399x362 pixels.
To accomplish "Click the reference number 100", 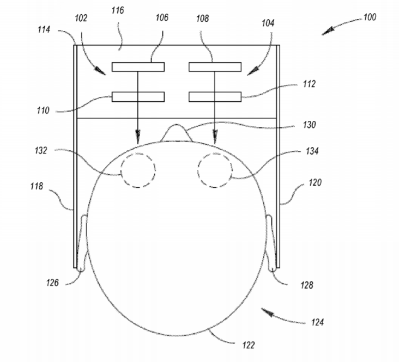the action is [x=370, y=17].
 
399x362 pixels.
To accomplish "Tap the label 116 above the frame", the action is [x=118, y=10].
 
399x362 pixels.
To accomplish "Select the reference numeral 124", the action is [x=317, y=322].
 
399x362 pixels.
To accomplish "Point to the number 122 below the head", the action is [x=249, y=345].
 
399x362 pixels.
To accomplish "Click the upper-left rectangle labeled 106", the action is [x=138, y=67].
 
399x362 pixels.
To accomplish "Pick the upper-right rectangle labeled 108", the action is [x=215, y=67].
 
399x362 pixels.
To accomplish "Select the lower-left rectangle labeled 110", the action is [x=138, y=97].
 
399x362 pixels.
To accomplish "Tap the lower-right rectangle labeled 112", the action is [x=215, y=97].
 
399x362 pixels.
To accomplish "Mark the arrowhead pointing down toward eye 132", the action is [x=138, y=137].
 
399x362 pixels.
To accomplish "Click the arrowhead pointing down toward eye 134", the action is [x=215, y=137].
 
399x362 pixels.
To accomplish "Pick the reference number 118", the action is [x=37, y=186].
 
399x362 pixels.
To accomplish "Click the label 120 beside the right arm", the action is [x=315, y=182].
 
